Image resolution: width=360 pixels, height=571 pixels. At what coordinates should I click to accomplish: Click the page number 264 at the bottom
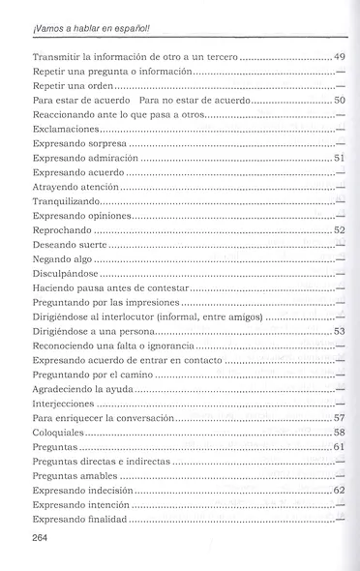pyautogui.click(x=42, y=537)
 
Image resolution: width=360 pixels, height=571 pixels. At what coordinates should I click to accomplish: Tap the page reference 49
pyautogui.click(x=339, y=57)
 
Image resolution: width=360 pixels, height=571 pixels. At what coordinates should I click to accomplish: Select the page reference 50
pyautogui.click(x=339, y=100)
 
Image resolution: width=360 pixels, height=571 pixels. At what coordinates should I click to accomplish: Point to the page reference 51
pyautogui.click(x=339, y=157)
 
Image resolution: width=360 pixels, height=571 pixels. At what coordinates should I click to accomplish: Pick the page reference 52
pyautogui.click(x=339, y=231)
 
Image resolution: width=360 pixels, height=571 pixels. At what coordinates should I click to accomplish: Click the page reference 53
pyautogui.click(x=339, y=331)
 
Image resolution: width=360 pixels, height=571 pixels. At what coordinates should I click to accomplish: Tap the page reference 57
pyautogui.click(x=339, y=417)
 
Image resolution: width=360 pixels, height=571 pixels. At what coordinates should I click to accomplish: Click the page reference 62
pyautogui.click(x=339, y=490)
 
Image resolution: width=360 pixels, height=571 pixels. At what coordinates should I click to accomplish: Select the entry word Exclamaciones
pyautogui.click(x=65, y=128)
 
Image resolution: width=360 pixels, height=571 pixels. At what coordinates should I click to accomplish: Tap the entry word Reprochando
pyautogui.click(x=62, y=231)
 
